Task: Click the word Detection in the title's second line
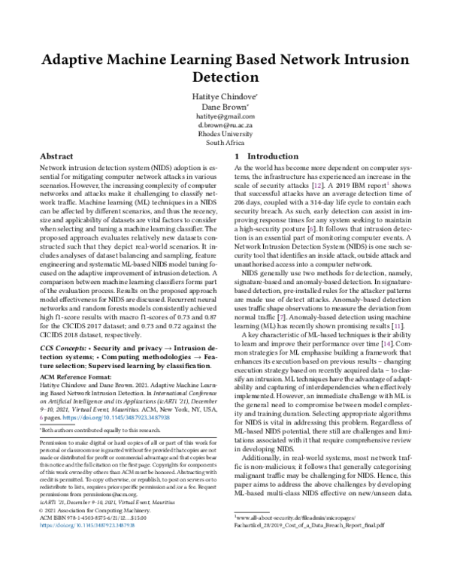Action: point(225,77)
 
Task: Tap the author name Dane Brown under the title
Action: point(225,107)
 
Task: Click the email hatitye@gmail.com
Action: point(225,117)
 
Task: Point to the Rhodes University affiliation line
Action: point(225,134)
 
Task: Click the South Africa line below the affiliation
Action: point(225,142)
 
